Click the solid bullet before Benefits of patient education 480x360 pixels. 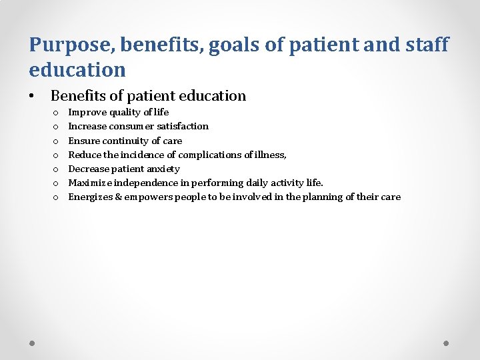(32, 97)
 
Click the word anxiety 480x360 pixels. (163, 169)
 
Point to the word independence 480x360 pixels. (148, 183)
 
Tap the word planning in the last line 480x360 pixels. (323, 197)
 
